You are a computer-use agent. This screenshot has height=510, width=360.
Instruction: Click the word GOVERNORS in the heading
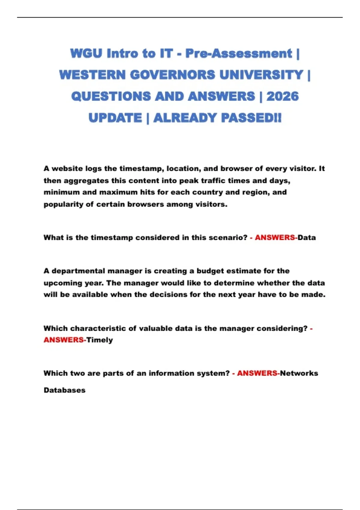(172, 75)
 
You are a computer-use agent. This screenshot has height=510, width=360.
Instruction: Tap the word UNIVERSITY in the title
(261, 75)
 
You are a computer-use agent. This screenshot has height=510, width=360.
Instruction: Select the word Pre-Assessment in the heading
(238, 54)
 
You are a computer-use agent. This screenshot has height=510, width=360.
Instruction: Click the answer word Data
(307, 238)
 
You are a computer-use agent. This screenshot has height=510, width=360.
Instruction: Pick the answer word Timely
(100, 340)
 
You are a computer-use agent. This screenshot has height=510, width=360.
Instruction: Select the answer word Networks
(299, 373)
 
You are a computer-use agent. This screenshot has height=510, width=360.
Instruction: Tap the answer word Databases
(64, 390)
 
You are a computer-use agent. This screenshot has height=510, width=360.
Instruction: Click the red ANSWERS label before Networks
(257, 373)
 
